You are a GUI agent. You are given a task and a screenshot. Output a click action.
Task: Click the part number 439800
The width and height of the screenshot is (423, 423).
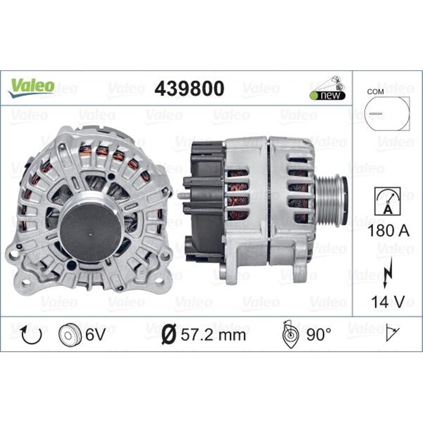[189, 88]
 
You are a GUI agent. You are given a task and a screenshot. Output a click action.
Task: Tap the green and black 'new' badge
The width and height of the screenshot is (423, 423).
[328, 95]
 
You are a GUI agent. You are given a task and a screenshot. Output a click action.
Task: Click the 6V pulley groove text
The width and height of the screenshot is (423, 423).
[95, 334]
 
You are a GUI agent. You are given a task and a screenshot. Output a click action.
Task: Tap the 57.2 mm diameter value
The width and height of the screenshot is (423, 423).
[217, 334]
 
